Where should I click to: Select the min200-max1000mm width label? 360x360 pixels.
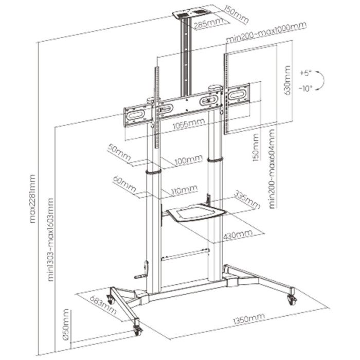[266, 32]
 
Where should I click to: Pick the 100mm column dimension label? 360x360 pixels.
[189, 161]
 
